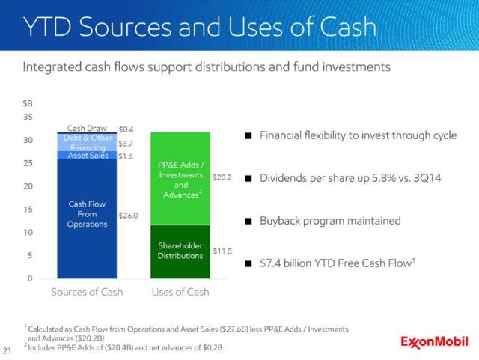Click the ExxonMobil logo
point(434,342)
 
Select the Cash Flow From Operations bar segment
point(87,219)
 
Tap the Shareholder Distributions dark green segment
point(180,251)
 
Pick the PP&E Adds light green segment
point(180,179)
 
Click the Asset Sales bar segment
point(87,155)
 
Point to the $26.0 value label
point(128,216)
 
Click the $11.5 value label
point(222,251)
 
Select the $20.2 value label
point(222,177)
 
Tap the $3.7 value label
point(126,144)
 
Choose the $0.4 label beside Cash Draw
point(126,129)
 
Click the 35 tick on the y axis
point(28,117)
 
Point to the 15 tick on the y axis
point(28,210)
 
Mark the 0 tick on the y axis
point(30,278)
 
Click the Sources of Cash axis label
point(87,292)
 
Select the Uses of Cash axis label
point(180,292)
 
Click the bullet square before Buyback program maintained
point(248,221)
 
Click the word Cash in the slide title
point(348,27)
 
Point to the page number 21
point(7,350)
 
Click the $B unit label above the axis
point(28,103)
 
